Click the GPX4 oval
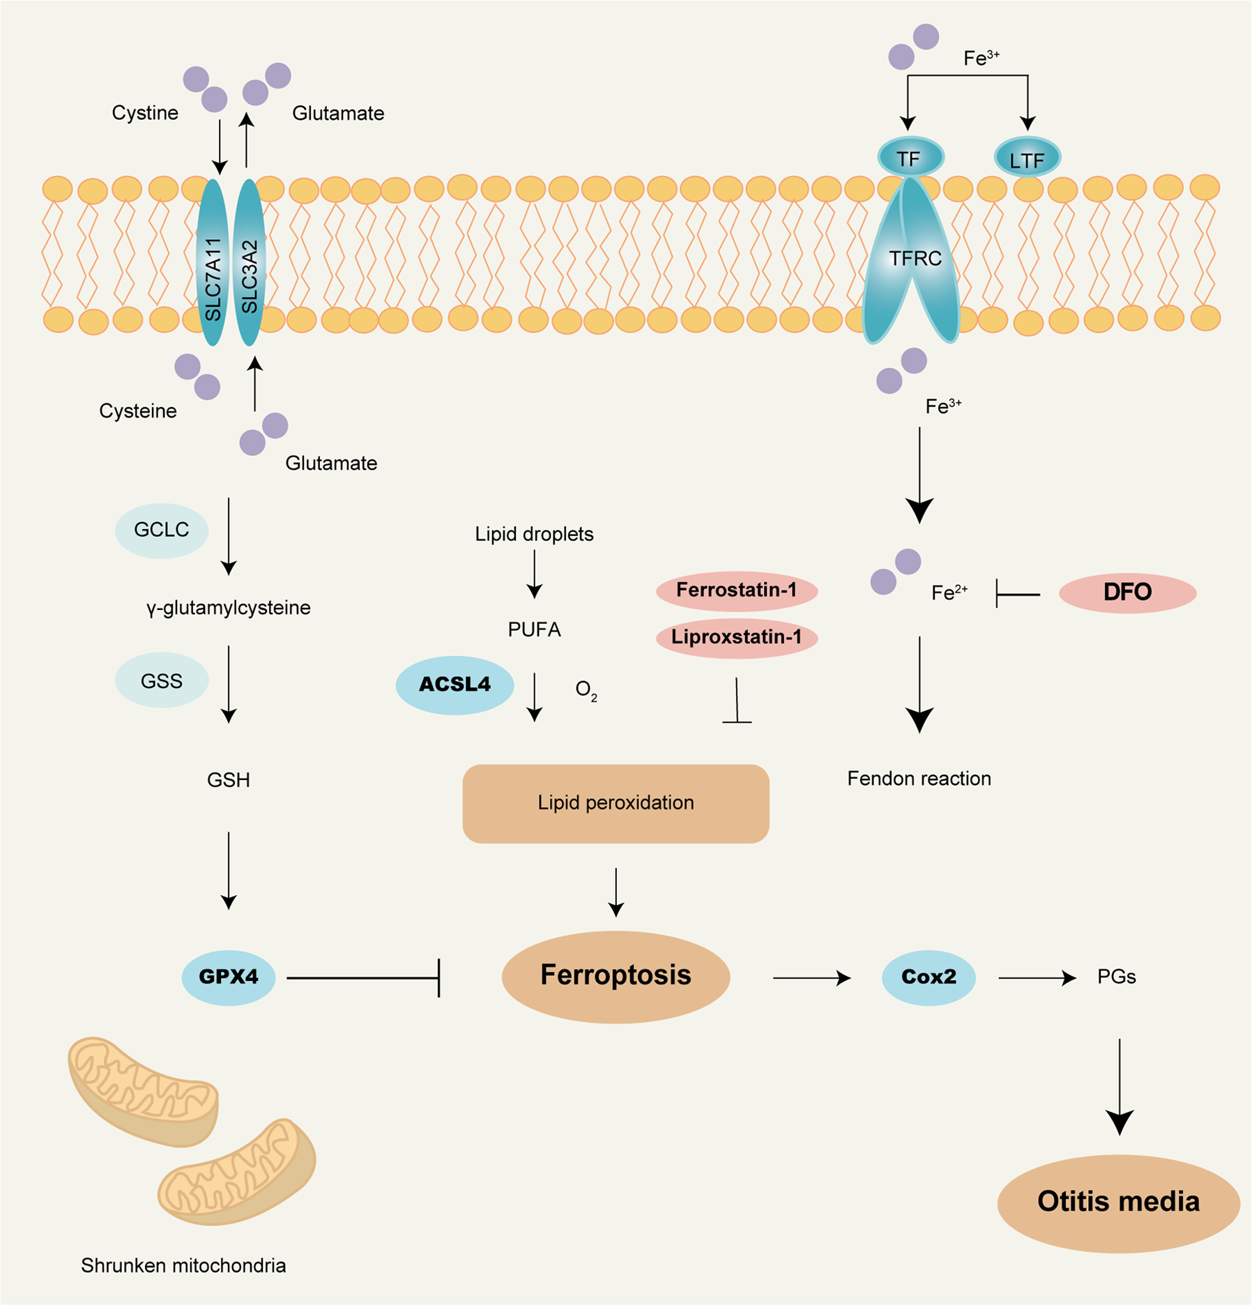click(228, 977)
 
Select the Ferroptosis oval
click(616, 976)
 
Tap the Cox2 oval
click(928, 977)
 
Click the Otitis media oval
click(1117, 1202)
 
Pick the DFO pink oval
click(1127, 593)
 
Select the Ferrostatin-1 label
click(736, 590)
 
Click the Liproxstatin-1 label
click(736, 637)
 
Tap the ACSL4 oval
click(455, 685)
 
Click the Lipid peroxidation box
click(616, 803)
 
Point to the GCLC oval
click(161, 530)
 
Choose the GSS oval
click(161, 681)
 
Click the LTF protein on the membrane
click(1026, 159)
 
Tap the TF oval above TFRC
click(910, 158)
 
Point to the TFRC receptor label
click(914, 259)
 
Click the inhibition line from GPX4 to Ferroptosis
click(362, 977)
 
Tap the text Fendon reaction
click(918, 779)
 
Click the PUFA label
click(534, 630)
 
